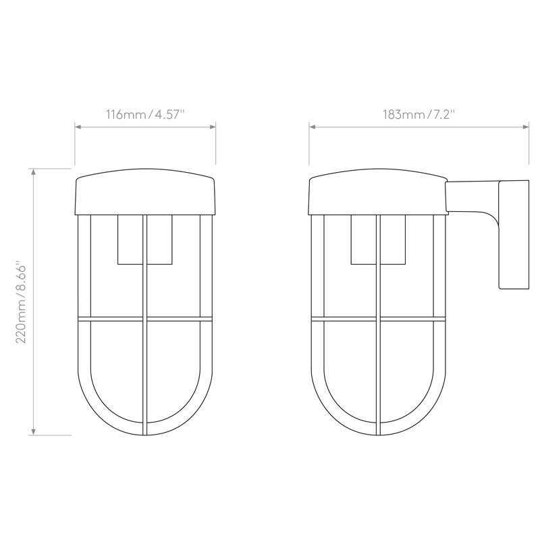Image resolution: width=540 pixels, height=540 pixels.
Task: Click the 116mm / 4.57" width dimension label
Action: pos(145,114)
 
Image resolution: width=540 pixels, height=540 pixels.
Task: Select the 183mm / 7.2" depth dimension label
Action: pos(418,114)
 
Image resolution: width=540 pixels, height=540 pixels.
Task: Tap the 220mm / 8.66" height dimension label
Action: pos(22,304)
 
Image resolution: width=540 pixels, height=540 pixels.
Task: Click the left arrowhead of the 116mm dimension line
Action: pos(78,127)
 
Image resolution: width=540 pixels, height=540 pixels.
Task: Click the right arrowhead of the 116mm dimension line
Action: pos(213,127)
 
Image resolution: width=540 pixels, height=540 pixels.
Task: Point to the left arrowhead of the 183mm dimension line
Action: pos(312,127)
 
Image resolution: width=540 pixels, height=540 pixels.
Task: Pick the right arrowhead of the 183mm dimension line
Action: pos(526,127)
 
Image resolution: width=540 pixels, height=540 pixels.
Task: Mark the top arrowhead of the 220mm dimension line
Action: pos(33,172)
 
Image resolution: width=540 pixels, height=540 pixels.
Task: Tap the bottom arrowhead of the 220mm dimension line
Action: pos(33,432)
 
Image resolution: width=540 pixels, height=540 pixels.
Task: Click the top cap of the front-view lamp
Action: pos(145,192)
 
